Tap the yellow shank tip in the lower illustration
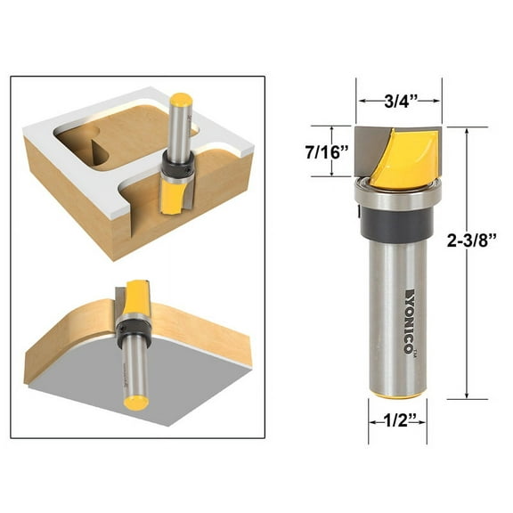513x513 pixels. pos(136,402)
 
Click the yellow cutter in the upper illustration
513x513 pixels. pos(173,193)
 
